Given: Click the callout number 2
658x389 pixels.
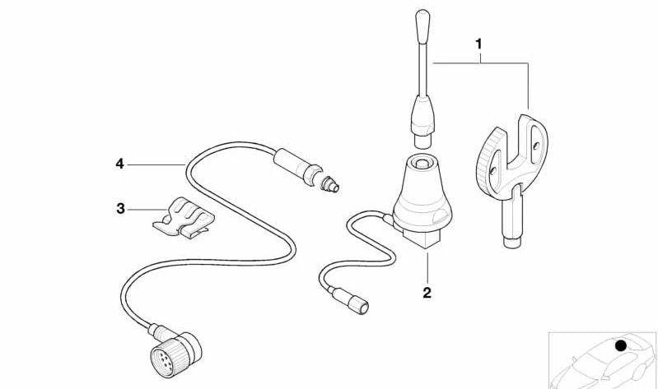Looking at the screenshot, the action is point(427,291).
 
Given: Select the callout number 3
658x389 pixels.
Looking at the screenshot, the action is point(120,209).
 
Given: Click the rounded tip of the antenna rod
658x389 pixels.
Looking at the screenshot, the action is point(422,18).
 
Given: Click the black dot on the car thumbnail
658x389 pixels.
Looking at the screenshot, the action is point(621,345).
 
